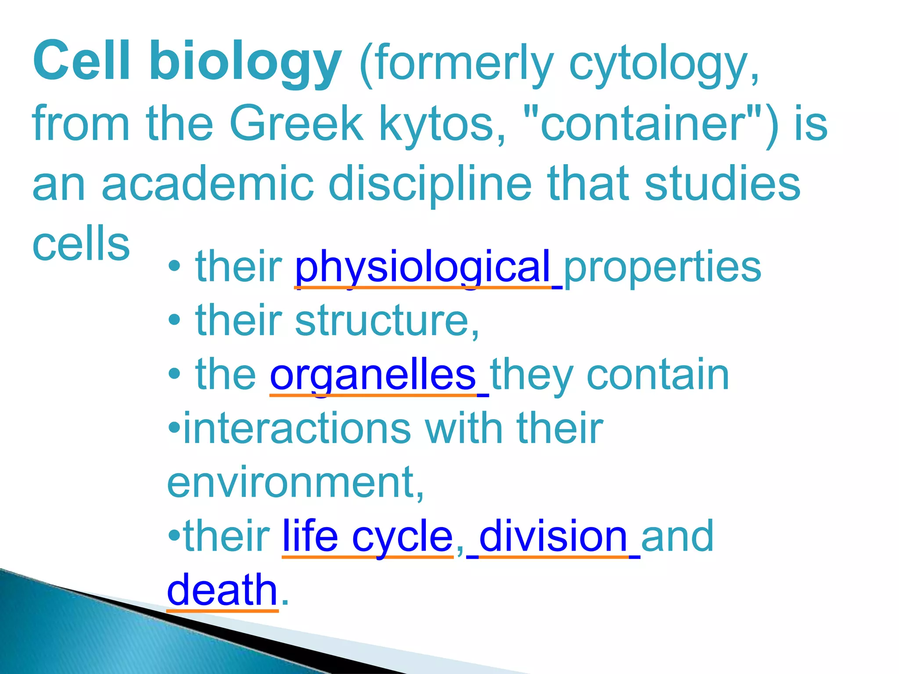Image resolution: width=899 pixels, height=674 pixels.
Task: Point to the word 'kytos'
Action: tap(442, 125)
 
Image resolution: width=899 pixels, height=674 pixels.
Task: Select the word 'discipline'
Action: tap(430, 184)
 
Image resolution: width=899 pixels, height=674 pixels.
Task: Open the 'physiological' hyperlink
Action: tap(423, 267)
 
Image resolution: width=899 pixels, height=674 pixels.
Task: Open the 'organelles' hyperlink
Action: tap(373, 375)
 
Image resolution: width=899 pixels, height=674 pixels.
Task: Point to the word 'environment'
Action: tap(290, 482)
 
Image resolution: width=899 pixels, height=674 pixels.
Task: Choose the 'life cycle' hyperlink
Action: tap(367, 536)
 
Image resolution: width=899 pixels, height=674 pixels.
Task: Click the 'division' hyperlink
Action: tap(553, 536)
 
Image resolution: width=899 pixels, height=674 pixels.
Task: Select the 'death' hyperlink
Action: tap(222, 590)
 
